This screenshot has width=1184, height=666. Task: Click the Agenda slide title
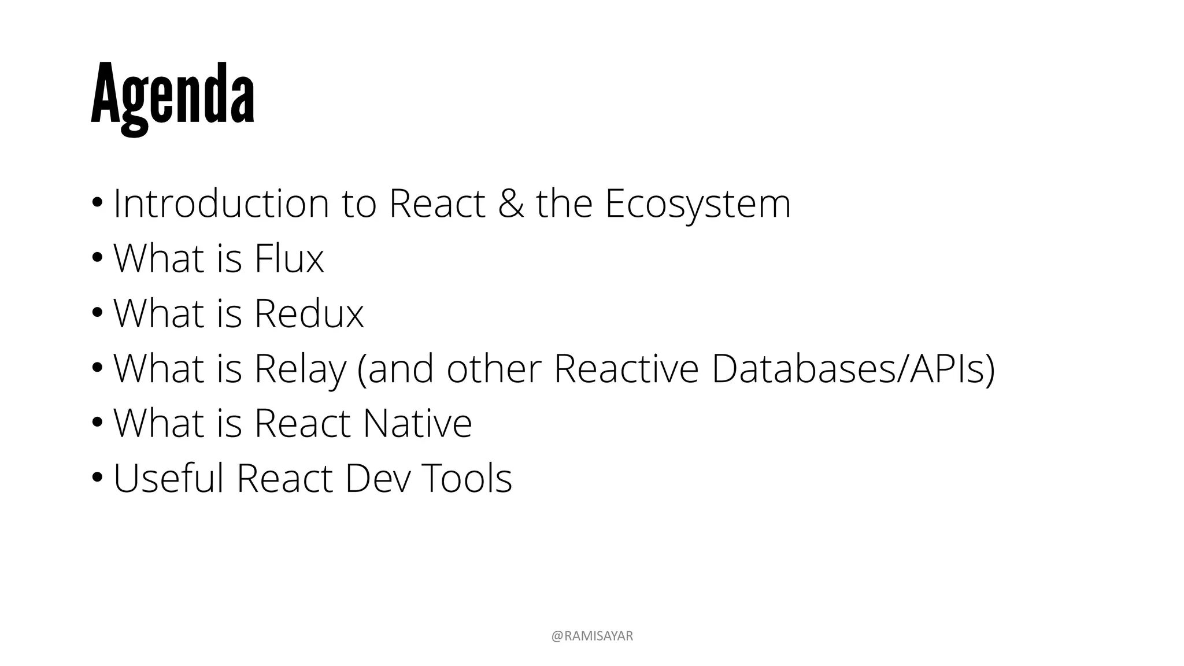pyautogui.click(x=172, y=95)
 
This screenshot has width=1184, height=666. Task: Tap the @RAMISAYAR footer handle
pyautogui.click(x=592, y=637)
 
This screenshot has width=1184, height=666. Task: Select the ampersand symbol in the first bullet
pyautogui.click(x=510, y=203)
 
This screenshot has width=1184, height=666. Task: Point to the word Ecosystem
pyautogui.click(x=697, y=203)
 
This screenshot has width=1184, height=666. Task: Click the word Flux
pyautogui.click(x=288, y=258)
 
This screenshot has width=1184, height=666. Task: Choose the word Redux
pyautogui.click(x=309, y=313)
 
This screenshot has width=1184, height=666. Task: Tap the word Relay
pyautogui.click(x=299, y=369)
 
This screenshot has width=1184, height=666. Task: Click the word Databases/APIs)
pyautogui.click(x=853, y=369)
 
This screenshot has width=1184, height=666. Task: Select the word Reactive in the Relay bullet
pyautogui.click(x=626, y=369)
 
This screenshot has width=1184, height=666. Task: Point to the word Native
pyautogui.click(x=417, y=423)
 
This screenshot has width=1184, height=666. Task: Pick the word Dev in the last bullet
pyautogui.click(x=378, y=478)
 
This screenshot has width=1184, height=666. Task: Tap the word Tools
pyautogui.click(x=467, y=478)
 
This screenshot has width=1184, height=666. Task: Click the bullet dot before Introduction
pyautogui.click(x=97, y=203)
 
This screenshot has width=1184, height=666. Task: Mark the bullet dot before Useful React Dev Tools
pyautogui.click(x=97, y=478)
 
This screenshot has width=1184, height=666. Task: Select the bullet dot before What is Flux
pyautogui.click(x=97, y=258)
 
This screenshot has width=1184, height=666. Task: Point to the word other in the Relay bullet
pyautogui.click(x=494, y=369)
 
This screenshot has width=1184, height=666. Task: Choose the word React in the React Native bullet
pyautogui.click(x=302, y=423)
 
